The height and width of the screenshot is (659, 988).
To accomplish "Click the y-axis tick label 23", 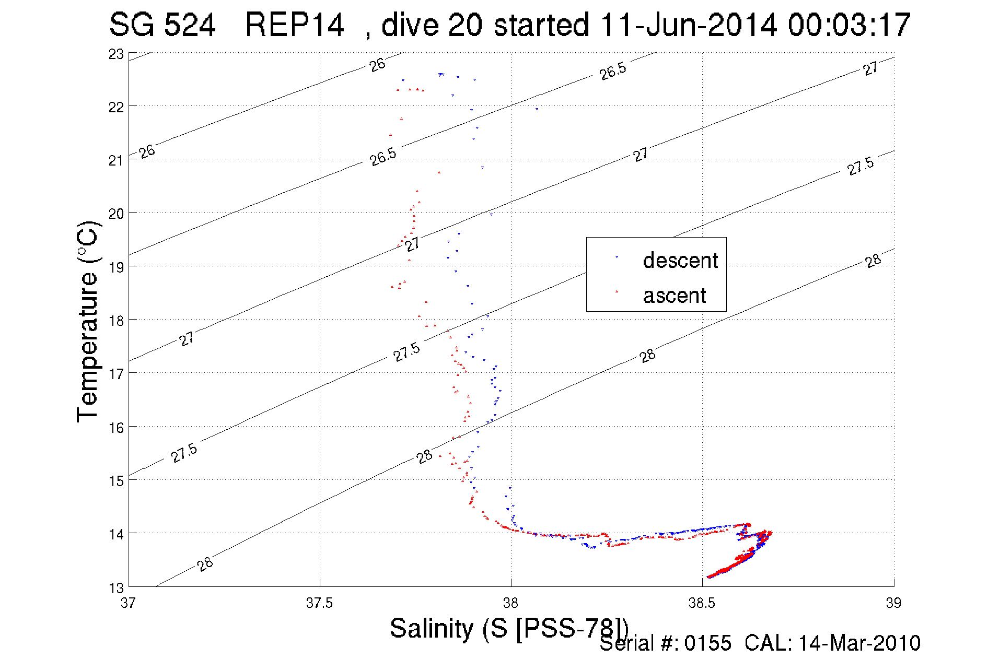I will [116, 54].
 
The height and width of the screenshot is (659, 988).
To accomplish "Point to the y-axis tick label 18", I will [116, 321].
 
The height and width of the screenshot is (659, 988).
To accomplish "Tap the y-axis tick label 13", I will [116, 588].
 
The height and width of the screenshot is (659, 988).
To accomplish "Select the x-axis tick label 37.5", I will [319, 603].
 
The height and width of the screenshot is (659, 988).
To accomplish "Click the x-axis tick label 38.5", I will [702, 603].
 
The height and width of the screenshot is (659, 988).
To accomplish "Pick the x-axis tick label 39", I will [893, 603].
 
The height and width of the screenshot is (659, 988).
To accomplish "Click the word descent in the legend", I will [680, 260].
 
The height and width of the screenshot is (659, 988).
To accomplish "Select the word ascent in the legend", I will [675, 296].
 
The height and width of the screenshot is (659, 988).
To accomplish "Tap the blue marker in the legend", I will [617, 257].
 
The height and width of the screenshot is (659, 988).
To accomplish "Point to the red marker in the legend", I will [617, 291].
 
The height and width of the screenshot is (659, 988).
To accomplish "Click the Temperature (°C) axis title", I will [87, 321].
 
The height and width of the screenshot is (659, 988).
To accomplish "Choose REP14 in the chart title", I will [294, 25].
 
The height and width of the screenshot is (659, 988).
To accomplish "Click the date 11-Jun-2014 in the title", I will [689, 25].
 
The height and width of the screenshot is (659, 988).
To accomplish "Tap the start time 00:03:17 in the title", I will [849, 25].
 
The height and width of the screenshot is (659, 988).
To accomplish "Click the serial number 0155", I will [708, 643].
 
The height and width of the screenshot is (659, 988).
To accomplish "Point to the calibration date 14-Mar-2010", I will [859, 643].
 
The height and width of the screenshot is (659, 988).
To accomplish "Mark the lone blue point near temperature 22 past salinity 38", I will [537, 109].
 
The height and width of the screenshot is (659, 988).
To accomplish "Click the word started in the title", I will [541, 25].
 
